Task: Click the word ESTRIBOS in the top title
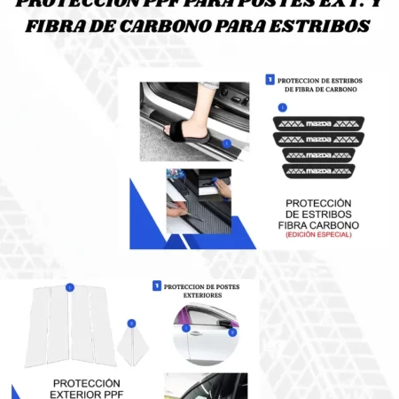(313, 27)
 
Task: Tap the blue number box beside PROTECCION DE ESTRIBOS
(270, 80)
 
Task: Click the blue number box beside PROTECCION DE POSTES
(157, 286)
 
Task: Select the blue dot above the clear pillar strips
(69, 287)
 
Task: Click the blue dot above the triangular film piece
(131, 324)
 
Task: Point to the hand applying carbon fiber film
(222, 189)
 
